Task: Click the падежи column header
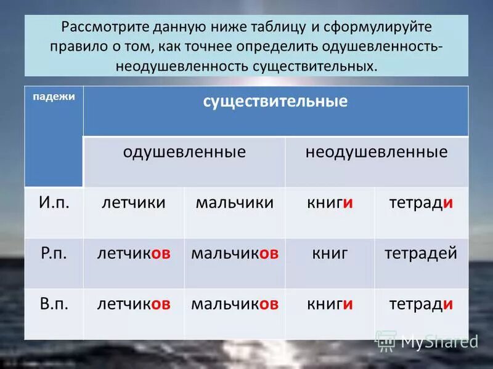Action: coord(54,97)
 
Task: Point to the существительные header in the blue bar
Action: coord(275,101)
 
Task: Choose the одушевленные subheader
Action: coord(184,153)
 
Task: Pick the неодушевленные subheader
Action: coord(377,153)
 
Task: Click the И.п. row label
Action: coord(54,203)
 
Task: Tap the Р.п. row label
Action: coord(54,253)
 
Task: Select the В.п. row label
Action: coord(54,303)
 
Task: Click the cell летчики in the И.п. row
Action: coord(133,203)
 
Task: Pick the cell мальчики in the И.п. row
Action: coord(234,203)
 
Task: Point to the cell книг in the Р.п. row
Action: coord(330,253)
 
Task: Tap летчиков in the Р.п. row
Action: coord(133,253)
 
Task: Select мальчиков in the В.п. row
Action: coord(234,303)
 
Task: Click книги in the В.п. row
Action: coord(330,303)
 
